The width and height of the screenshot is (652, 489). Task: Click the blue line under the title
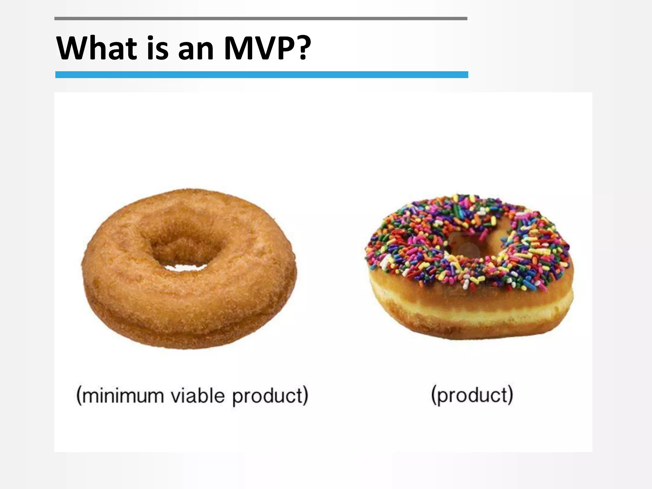coord(261,74)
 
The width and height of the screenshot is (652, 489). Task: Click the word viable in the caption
coord(197,395)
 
